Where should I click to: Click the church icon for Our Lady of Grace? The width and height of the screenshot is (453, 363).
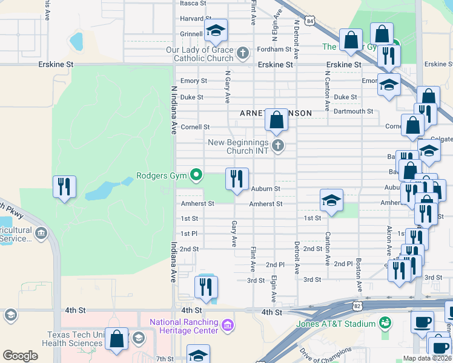point(242,53)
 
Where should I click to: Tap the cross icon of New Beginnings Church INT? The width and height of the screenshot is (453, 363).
point(278,145)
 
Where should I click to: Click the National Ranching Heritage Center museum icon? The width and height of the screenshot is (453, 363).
point(228,326)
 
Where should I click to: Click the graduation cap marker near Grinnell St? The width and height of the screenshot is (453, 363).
point(215,31)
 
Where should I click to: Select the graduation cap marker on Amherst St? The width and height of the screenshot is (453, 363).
point(331,200)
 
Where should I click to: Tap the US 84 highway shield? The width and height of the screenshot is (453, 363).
point(310,21)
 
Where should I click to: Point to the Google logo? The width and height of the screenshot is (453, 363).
point(20,356)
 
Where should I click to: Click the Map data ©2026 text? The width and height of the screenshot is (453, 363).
point(427,358)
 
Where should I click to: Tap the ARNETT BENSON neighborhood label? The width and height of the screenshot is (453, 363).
point(276,113)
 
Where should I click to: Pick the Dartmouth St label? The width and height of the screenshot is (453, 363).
point(353,111)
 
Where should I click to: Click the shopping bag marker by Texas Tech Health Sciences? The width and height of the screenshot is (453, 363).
point(116,339)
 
